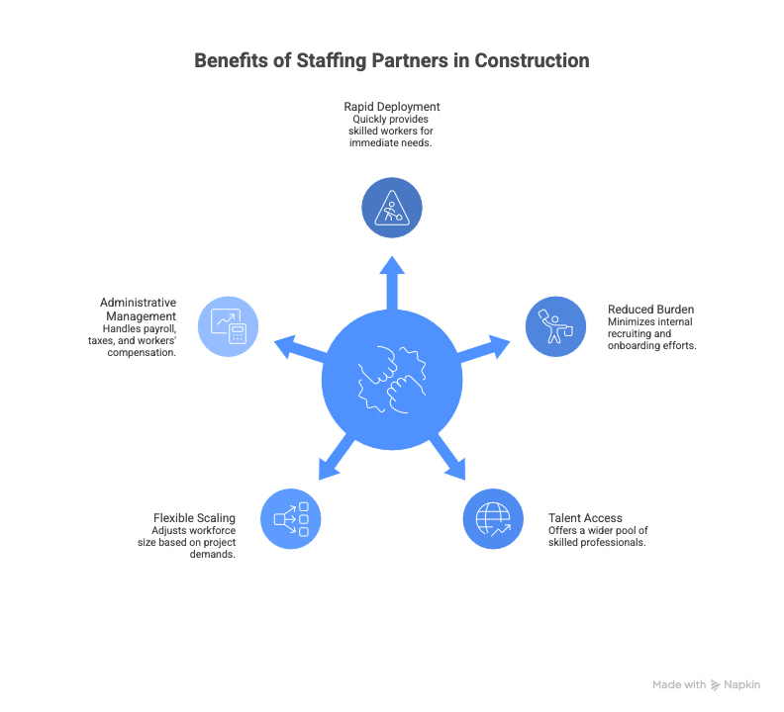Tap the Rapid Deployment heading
(392, 106)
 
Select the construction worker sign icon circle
(392, 208)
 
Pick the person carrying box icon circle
(555, 325)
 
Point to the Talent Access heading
(585, 517)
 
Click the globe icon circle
(493, 518)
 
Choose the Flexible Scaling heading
(194, 517)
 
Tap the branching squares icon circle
(291, 518)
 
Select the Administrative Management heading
(139, 309)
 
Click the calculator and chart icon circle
(229, 325)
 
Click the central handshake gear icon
(393, 382)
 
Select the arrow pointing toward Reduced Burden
(487, 347)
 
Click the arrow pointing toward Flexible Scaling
(335, 460)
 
